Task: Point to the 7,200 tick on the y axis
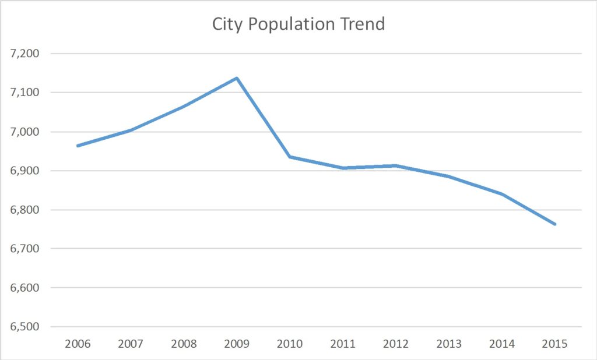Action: coord(24,54)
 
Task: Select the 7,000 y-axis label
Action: coord(24,132)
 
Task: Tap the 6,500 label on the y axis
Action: coord(24,327)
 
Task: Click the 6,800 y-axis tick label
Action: coord(24,210)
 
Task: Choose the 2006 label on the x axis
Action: coord(78,343)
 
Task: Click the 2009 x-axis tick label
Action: coord(237,343)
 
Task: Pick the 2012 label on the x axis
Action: coord(396,343)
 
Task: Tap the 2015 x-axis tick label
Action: coord(555,343)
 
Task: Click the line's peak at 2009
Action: coord(237,78)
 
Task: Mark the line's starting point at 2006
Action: coord(78,146)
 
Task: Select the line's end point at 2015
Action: coord(555,224)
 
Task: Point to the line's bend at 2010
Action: coord(290,157)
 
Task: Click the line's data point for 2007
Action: coord(131,130)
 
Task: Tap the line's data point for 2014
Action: coord(502,194)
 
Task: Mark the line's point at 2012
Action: coord(396,165)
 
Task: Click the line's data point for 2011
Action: coord(343,168)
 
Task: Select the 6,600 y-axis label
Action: coord(24,288)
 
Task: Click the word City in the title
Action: coord(226,24)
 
